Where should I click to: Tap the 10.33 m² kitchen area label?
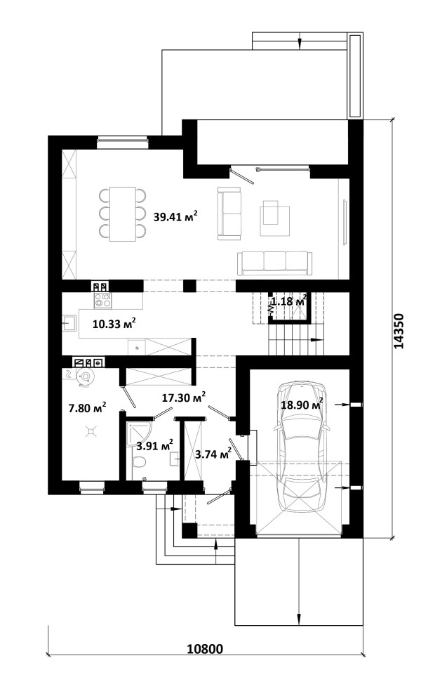[x=114, y=324]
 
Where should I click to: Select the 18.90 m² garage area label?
[x=302, y=404]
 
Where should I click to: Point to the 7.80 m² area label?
[x=87, y=408]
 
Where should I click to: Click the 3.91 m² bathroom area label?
[x=154, y=445]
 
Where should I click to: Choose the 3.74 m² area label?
[x=213, y=454]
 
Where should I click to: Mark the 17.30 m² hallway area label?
[x=184, y=398]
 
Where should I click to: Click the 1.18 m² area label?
[x=288, y=302]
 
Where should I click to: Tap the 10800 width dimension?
[x=205, y=649]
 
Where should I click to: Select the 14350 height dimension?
[x=399, y=331]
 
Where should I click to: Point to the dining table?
[x=123, y=214]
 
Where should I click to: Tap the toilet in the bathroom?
[x=140, y=463]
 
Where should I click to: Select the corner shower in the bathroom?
[x=137, y=433]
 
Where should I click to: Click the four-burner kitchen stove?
[x=102, y=301]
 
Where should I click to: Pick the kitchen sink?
[x=69, y=322]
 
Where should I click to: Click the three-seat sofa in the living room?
[x=275, y=263]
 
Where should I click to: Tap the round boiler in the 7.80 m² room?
[x=85, y=376]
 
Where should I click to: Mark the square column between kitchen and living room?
[x=189, y=286]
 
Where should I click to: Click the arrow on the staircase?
[x=316, y=340]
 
